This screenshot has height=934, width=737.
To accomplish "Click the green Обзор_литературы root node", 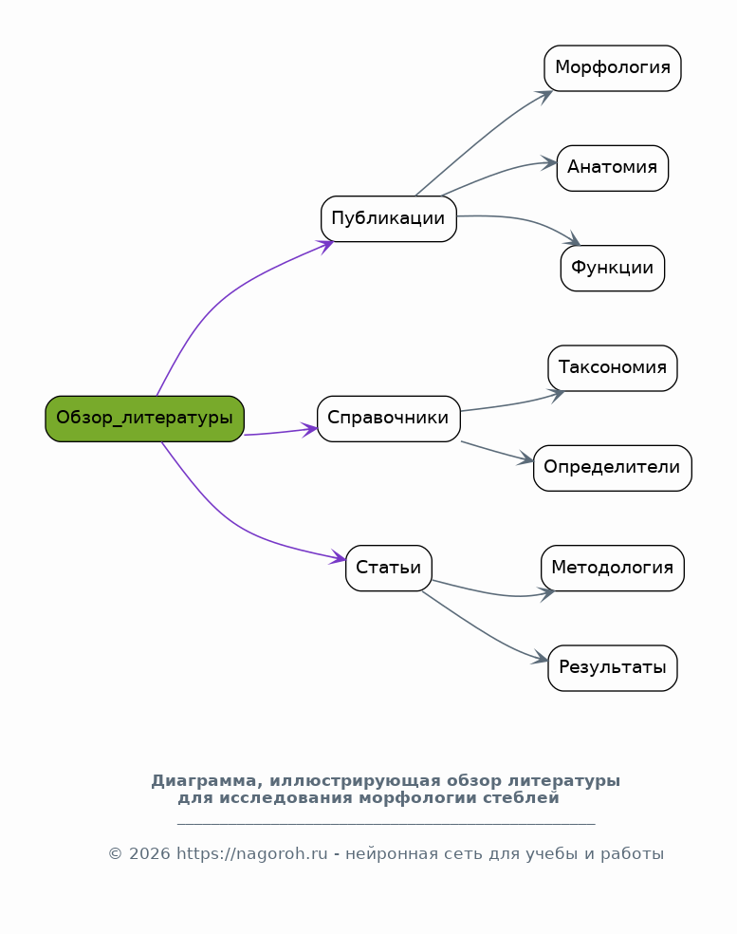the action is coord(145,419).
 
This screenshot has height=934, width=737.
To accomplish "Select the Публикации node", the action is coord(389,218).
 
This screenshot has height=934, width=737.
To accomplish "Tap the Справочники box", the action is coord(389,419).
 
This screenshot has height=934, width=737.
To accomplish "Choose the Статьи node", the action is coord(389,569).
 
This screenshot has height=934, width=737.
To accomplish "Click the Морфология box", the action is coord(613,68).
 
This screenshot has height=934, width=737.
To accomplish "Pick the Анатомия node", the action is coord(613,168).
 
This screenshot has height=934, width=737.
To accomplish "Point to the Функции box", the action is coord(613,268).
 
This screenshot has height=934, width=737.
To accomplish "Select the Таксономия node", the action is coord(613,368).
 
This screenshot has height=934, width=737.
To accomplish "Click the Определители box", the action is coord(613,468).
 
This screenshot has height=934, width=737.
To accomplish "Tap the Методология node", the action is coord(613,569).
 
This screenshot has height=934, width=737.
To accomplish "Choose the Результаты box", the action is coord(613,668).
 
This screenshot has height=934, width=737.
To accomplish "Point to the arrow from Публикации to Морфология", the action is coord(482,140).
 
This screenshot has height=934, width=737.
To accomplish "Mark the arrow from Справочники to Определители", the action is coord(498,452).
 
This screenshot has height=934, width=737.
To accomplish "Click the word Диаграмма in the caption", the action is coord(204,781).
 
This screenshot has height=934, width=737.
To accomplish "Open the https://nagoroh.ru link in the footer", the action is coord(251,854).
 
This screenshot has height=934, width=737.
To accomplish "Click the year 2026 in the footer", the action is coord(150,854).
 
